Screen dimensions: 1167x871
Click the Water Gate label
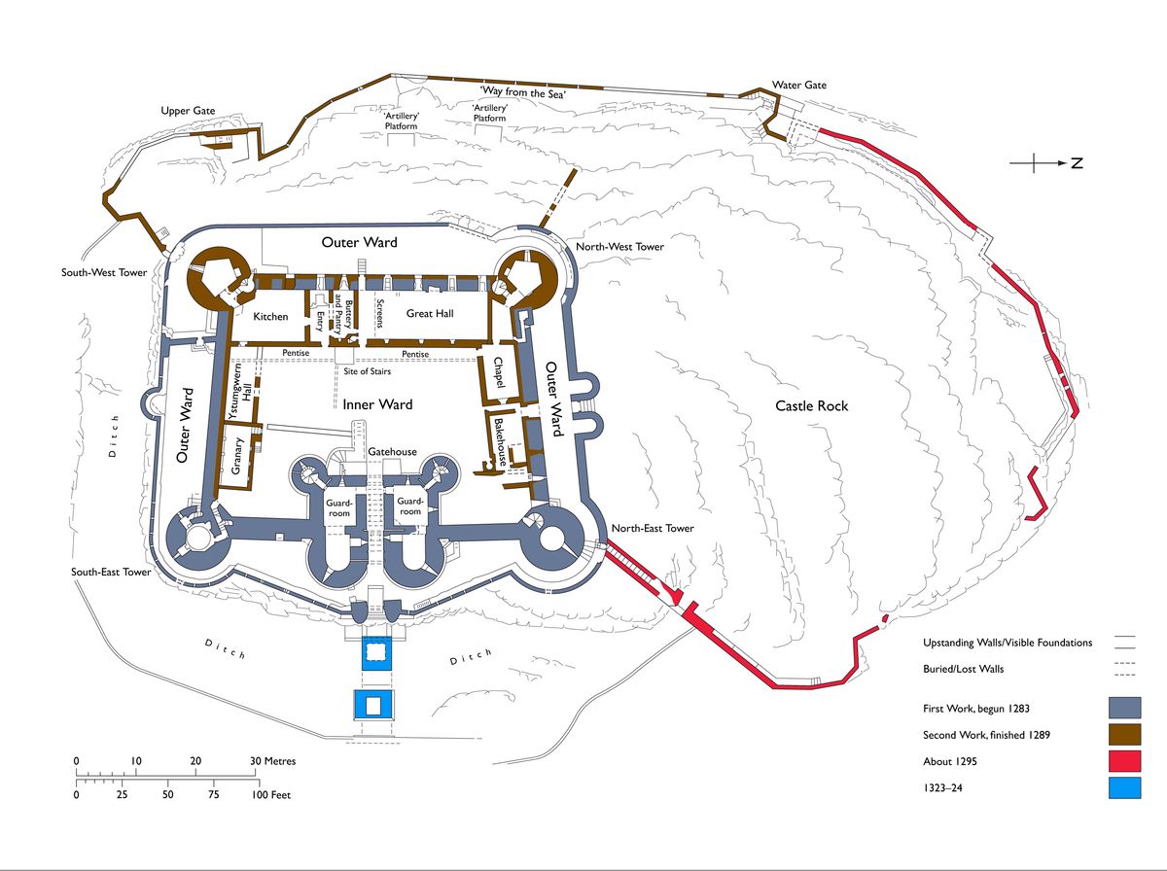tap(799, 85)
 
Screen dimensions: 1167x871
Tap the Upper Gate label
tap(188, 111)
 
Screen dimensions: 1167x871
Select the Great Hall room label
tap(430, 314)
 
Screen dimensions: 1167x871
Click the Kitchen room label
tap(270, 317)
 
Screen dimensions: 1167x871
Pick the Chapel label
tap(499, 372)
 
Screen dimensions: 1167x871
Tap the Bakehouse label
tap(500, 442)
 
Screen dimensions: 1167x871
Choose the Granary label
tap(236, 456)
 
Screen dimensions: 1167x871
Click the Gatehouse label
tap(392, 452)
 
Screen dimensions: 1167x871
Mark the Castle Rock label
tap(812, 406)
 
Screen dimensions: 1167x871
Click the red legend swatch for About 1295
tap(1124, 761)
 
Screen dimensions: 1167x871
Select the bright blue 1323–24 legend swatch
tap(1124, 787)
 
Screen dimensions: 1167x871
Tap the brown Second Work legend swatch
tap(1124, 735)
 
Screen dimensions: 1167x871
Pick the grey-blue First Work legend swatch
tap(1124, 708)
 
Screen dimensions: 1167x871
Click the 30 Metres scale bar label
tap(272, 761)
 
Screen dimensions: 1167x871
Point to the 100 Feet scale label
tap(271, 795)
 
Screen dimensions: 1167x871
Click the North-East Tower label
tap(653, 528)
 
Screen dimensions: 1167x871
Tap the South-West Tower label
tap(104, 272)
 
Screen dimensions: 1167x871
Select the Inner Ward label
tap(377, 405)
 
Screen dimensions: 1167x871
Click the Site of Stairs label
tap(367, 371)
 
